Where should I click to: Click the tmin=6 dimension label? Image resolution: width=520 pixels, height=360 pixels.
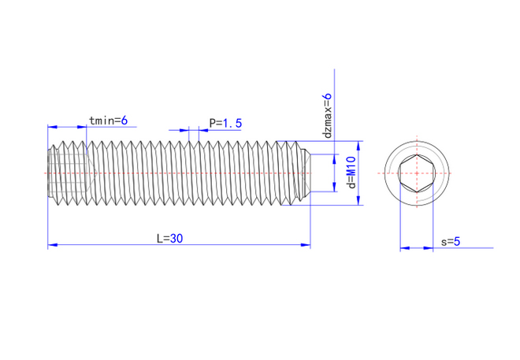113,121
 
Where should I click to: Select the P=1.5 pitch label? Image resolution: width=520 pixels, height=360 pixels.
225,123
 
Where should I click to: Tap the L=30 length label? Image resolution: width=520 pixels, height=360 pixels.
169,239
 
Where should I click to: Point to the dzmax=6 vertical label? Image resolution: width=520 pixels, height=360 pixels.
328,116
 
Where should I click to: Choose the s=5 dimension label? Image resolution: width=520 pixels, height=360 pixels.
451,242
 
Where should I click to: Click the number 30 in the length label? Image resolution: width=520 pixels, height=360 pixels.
176,239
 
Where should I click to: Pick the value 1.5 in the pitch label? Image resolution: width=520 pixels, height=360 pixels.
232,123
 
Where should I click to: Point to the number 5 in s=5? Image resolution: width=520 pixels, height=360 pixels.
456,242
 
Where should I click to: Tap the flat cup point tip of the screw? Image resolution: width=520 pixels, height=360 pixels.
307,173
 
